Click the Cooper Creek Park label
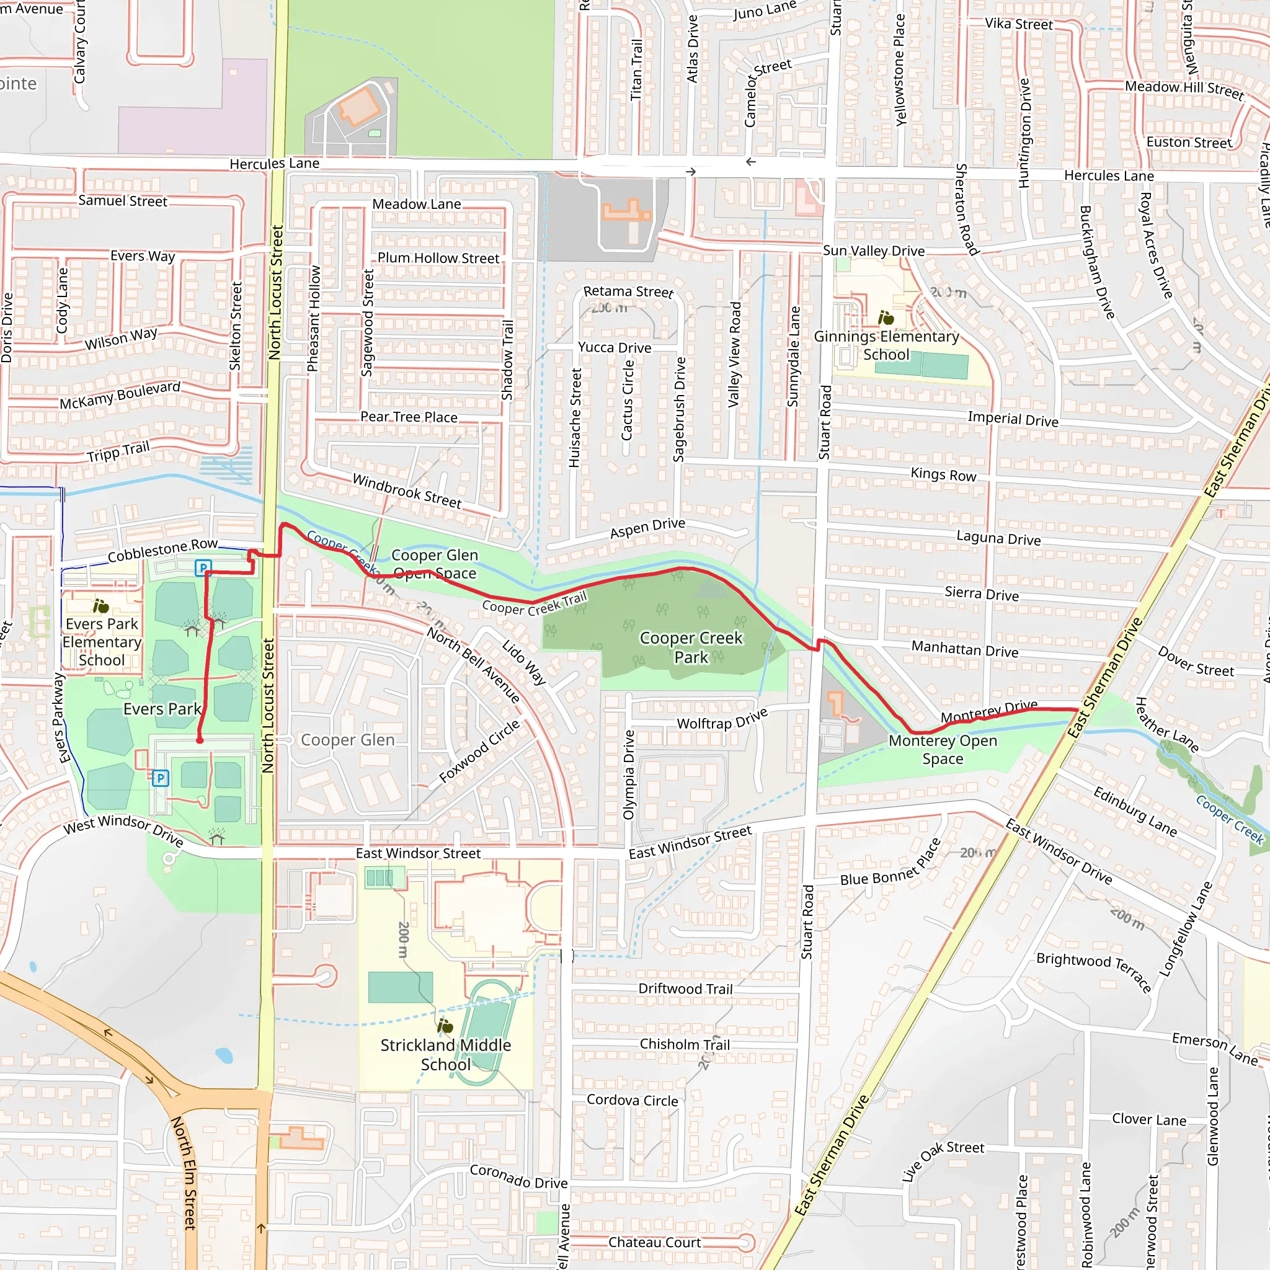691,647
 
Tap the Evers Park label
162,709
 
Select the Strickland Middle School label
446,1054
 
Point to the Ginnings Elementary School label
886,345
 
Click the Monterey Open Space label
943,749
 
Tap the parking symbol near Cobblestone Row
203,567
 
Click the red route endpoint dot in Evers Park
200,740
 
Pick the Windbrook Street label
407,491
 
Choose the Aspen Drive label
647,527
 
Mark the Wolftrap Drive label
722,719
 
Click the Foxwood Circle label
479,751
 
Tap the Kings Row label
943,474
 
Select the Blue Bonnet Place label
890,863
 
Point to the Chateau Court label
654,1241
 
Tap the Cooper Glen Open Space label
435,564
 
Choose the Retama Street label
628,291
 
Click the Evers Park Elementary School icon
100,605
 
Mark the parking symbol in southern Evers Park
161,778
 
